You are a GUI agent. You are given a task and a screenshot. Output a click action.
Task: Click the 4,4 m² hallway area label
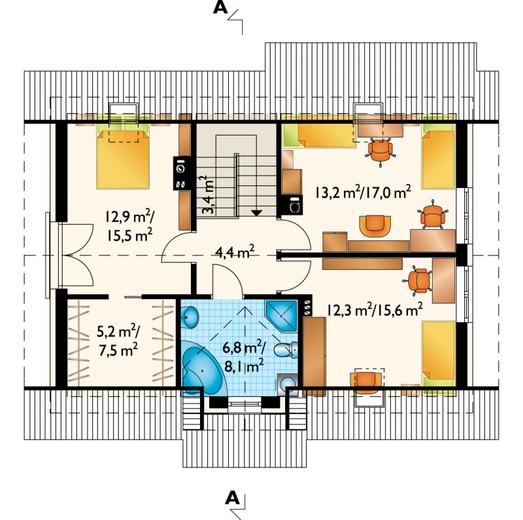235,252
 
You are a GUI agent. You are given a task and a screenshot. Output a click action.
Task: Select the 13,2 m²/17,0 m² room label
363,192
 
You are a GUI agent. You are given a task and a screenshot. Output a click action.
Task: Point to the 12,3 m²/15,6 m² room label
375,310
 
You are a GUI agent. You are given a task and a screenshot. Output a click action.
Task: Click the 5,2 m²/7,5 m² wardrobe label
118,341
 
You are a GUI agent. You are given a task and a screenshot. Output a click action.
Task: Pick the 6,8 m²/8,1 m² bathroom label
244,357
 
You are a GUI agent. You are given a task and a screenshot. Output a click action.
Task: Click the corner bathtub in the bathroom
202,368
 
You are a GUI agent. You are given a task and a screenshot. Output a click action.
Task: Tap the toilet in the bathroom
286,350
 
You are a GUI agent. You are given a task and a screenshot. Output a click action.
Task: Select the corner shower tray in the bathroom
282,316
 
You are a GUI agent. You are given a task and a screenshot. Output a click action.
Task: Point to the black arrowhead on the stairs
256,212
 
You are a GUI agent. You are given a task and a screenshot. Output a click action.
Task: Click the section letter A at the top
220,8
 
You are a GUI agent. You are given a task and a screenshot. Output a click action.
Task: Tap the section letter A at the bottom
232,498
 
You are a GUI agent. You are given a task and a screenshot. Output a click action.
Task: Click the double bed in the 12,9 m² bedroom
122,157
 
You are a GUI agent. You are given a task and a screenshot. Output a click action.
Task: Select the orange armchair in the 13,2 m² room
375,226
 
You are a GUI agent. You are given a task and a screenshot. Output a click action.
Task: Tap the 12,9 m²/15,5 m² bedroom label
129,226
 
